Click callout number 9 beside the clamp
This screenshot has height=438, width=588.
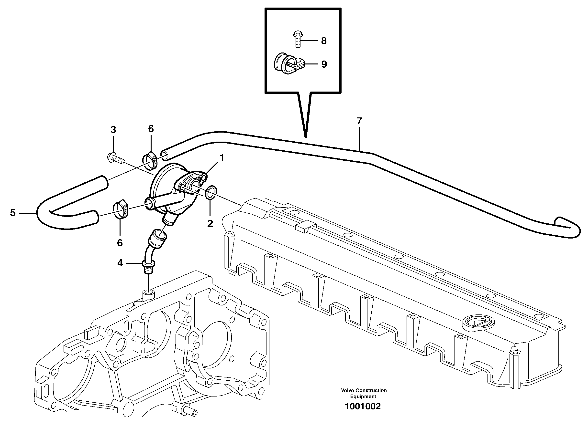coord(324,64)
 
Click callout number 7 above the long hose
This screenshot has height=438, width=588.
coord(359,121)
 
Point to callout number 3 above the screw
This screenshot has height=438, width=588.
coord(113,130)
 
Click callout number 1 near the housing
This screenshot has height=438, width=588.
coord(222,158)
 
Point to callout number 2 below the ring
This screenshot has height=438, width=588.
coord(210,223)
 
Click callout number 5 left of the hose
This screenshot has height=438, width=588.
coord(13,213)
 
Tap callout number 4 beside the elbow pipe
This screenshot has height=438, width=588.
coord(120,263)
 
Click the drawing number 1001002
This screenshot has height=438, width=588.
coord(362,407)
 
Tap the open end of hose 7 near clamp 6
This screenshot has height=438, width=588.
coord(164,155)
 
